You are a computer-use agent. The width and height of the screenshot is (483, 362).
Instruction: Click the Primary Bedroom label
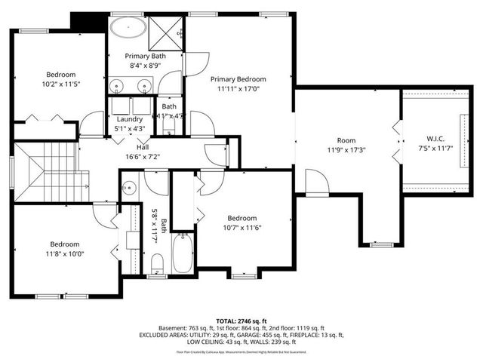pyautogui.click(x=238, y=79)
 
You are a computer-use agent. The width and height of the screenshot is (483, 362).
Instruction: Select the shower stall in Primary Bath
pyautogui.click(x=168, y=31)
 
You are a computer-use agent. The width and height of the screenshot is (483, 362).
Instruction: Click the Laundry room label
pyautogui.click(x=130, y=119)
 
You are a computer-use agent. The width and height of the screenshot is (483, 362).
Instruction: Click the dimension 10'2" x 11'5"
pyautogui.click(x=61, y=84)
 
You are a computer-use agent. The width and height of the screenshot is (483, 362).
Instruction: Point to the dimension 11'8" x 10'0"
pyautogui.click(x=66, y=254)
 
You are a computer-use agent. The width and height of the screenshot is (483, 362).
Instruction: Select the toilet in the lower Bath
pyautogui.click(x=157, y=263)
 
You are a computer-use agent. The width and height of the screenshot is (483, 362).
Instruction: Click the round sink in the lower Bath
pyautogui.click(x=131, y=189)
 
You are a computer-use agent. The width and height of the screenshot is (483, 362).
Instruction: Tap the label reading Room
pyautogui.click(x=346, y=140)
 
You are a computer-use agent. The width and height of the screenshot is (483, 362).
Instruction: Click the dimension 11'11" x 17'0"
pyautogui.click(x=238, y=88)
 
